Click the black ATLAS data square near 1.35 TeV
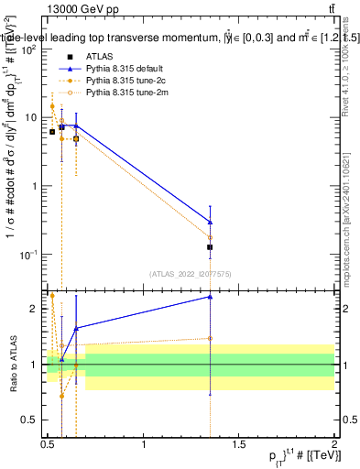[211, 247]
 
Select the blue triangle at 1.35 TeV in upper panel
[211, 222]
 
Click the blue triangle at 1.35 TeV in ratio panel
[211, 297]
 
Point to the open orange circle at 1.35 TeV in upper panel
[211, 237]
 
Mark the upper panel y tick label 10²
[29, 50]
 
